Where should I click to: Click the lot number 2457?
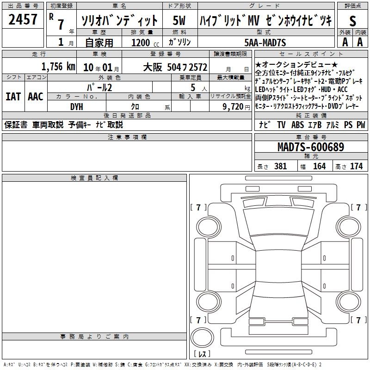[23, 19]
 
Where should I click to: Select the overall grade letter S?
[352, 21]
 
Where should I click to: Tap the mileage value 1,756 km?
[58, 67]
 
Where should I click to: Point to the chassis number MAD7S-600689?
[311, 147]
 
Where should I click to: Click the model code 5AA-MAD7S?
[265, 43]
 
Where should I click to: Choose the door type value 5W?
[179, 20]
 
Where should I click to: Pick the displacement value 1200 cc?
[145, 43]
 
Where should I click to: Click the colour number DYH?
[77, 107]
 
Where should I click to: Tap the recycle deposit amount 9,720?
[233, 107]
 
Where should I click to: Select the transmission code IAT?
[13, 97]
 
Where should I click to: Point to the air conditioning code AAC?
[36, 97]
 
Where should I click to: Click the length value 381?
[280, 166]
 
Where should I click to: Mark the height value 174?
[356, 166]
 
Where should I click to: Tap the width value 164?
[319, 166]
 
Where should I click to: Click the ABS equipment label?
[297, 124]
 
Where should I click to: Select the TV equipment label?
[281, 124]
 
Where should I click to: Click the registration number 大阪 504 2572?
[175, 67]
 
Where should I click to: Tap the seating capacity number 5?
[193, 87]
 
